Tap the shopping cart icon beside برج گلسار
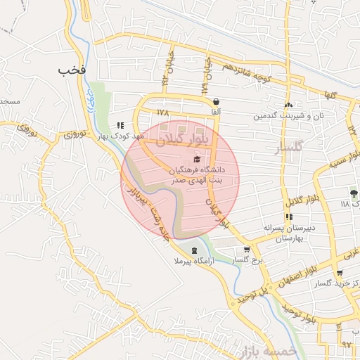247,250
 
